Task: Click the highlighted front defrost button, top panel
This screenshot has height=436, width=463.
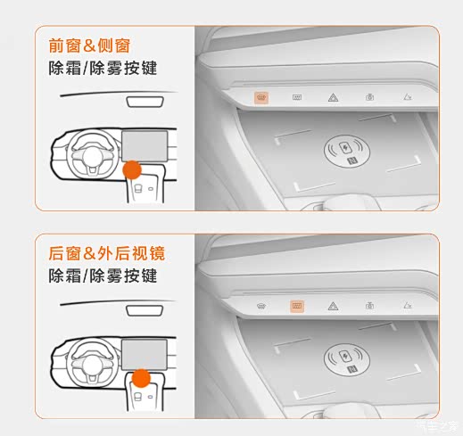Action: (x=261, y=98)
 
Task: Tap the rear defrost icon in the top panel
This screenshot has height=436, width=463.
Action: (x=297, y=97)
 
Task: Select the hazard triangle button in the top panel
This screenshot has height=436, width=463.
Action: (x=333, y=97)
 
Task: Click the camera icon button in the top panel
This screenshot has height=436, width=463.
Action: (x=369, y=97)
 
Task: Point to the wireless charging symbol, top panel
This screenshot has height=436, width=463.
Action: (x=347, y=151)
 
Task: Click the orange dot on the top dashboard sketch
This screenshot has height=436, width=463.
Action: (x=132, y=170)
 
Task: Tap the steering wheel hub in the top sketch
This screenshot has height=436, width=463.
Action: (x=92, y=156)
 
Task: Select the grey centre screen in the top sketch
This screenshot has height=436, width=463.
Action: (x=145, y=146)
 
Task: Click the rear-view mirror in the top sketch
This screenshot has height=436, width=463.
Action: (x=145, y=102)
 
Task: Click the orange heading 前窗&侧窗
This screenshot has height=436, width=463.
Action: (x=89, y=45)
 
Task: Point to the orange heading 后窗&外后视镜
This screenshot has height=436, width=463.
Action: (x=106, y=253)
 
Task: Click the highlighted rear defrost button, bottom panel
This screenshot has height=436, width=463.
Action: (x=297, y=306)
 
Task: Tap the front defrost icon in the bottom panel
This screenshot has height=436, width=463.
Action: (x=261, y=306)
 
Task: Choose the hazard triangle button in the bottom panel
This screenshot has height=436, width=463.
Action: (x=333, y=306)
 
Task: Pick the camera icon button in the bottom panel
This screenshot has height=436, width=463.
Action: (x=369, y=305)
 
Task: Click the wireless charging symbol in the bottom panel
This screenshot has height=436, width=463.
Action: (x=347, y=358)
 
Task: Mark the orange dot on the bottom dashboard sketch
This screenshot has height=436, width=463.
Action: (x=141, y=378)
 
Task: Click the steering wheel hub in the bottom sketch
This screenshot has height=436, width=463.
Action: (x=92, y=365)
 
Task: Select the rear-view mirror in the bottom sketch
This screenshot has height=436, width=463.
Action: (x=145, y=310)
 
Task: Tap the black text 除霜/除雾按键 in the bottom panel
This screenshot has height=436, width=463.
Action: (x=103, y=276)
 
